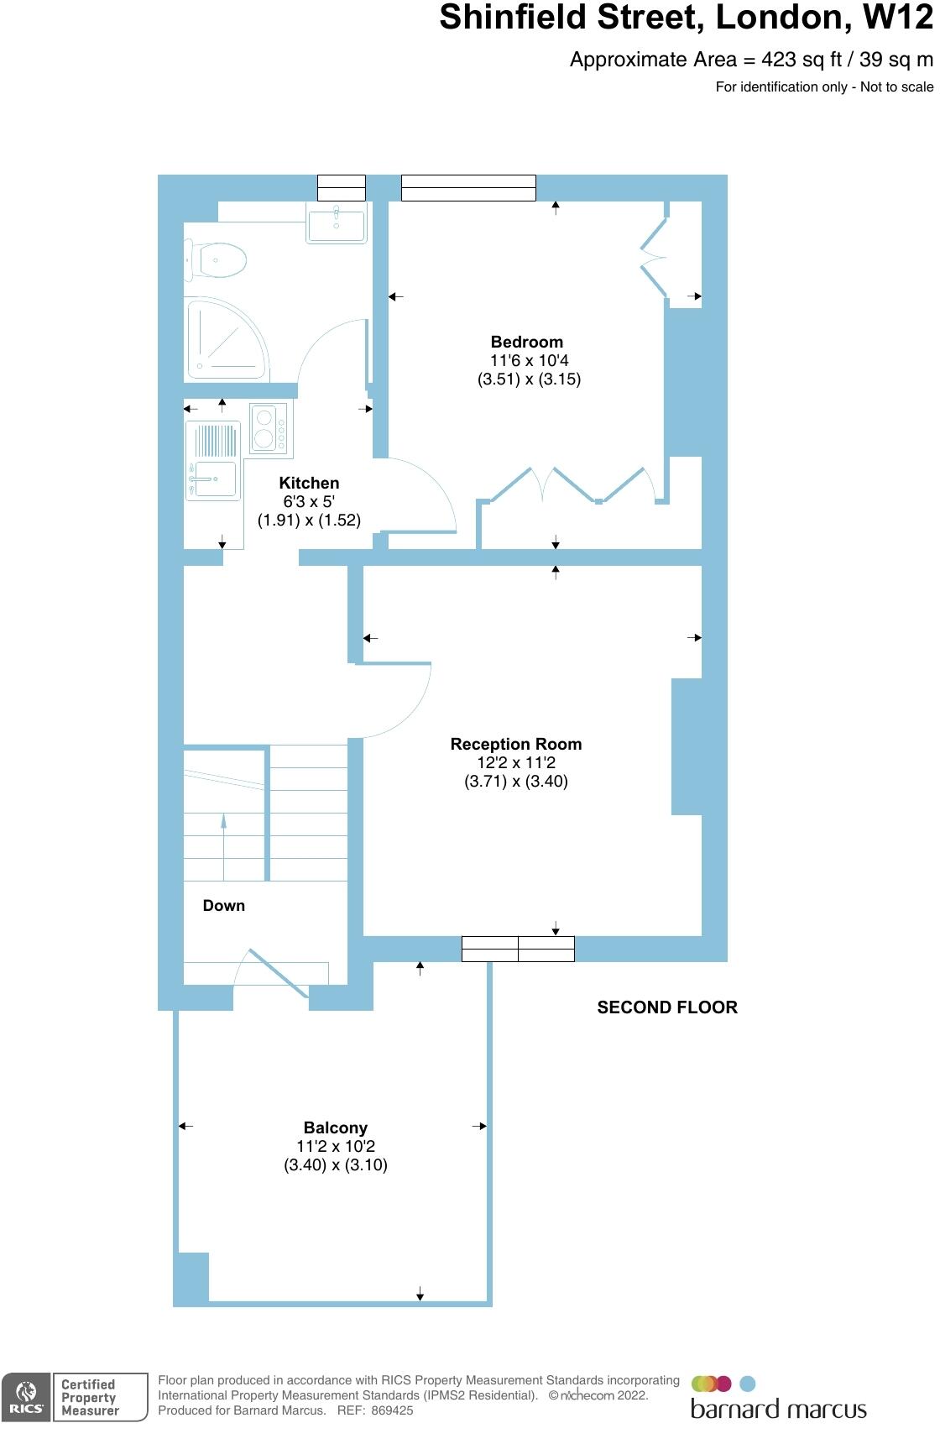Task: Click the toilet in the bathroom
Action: [x=220, y=260]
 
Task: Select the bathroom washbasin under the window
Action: [x=336, y=223]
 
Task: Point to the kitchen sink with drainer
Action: [x=212, y=461]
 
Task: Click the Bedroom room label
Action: [x=526, y=342]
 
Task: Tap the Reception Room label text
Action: [x=515, y=744]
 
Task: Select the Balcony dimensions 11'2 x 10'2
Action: [x=335, y=1146]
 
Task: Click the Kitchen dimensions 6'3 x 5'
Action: [x=309, y=501]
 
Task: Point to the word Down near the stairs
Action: [x=223, y=905]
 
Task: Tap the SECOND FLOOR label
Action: [x=666, y=1007]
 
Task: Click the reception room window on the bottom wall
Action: [x=518, y=949]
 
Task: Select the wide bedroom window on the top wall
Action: [x=468, y=188]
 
